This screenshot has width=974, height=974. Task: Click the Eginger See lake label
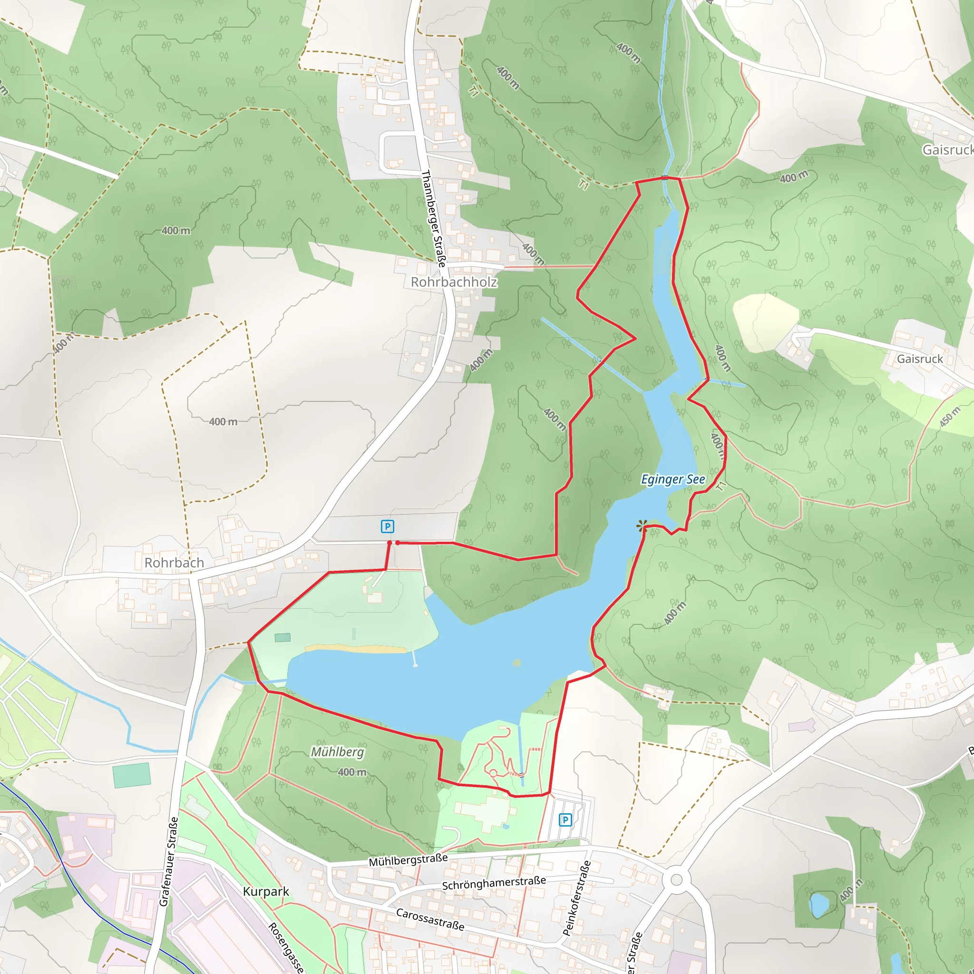[672, 479]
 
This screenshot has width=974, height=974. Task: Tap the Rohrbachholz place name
[454, 282]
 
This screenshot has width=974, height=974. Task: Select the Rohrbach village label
[174, 563]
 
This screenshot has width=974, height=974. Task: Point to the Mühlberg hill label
[337, 752]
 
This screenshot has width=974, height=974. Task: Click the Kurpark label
[266, 891]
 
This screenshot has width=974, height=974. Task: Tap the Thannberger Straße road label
[434, 218]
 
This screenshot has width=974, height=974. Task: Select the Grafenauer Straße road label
[169, 862]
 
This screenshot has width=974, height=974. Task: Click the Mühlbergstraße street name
[408, 860]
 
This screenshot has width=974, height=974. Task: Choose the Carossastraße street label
[429, 919]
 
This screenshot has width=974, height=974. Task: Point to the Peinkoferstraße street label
[577, 898]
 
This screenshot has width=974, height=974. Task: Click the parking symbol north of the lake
[387, 527]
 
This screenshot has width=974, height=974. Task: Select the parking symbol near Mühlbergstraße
[565, 820]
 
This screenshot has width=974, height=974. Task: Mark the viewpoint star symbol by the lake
[641, 526]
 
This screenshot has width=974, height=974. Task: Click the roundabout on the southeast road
[676, 880]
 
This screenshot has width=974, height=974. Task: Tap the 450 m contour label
[949, 418]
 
